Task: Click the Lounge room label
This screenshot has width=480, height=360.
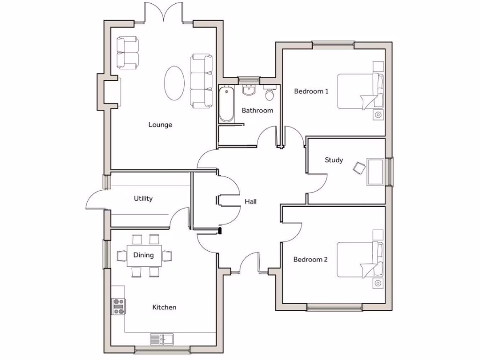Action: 160,125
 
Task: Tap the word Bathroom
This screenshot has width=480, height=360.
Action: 257,111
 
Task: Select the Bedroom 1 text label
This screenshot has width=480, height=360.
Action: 311,91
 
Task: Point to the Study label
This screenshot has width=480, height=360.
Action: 334,160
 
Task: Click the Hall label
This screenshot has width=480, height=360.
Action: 250,202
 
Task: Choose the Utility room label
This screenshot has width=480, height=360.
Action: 143,198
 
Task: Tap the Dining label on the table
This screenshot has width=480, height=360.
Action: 143,255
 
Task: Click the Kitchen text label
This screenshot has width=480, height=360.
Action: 165,307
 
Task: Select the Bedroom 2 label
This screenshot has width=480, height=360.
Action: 310,259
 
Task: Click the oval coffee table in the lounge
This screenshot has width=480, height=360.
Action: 174,82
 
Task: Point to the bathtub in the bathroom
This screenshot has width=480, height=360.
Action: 226,104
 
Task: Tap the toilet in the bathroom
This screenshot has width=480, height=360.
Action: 270,94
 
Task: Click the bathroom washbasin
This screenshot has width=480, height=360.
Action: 248,90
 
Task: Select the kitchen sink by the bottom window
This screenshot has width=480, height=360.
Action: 161,338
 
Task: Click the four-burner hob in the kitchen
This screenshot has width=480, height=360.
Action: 119,307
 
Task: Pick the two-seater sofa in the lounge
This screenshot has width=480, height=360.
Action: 127,53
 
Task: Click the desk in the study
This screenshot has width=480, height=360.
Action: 375,172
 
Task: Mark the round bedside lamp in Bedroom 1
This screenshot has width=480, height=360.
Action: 378,114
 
